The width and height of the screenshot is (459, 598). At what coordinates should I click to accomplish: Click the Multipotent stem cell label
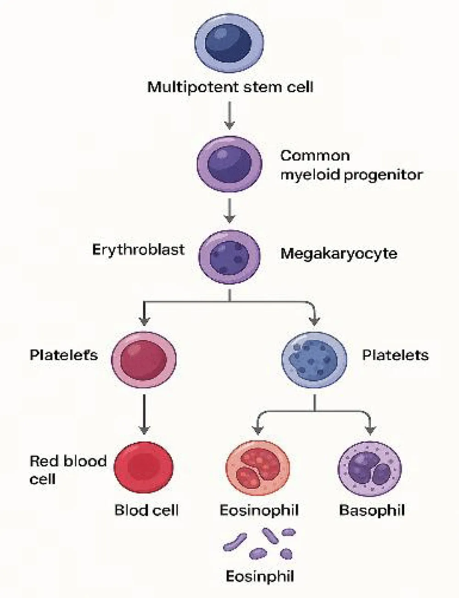(x=230, y=87)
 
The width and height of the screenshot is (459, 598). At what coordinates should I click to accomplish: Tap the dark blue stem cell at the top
(x=229, y=43)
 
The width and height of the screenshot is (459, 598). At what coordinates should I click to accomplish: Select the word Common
(x=315, y=156)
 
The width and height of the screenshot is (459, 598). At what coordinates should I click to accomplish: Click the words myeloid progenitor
(x=351, y=175)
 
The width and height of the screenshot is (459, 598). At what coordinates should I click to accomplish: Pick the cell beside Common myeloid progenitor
(x=229, y=164)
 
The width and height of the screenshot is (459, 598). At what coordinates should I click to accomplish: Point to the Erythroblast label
(x=138, y=250)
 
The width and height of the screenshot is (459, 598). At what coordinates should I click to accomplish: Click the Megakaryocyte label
(x=339, y=253)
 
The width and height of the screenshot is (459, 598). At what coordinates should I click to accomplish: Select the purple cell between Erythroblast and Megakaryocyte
(x=229, y=255)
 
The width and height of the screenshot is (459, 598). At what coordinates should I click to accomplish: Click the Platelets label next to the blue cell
(x=395, y=355)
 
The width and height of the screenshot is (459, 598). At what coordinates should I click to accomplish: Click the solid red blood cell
(x=144, y=468)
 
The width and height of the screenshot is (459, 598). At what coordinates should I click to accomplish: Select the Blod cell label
(x=146, y=510)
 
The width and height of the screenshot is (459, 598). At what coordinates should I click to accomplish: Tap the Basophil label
(x=372, y=510)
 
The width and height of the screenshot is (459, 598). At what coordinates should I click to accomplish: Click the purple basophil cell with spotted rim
(x=369, y=469)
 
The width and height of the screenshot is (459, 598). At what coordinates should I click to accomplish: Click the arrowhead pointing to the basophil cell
(x=370, y=430)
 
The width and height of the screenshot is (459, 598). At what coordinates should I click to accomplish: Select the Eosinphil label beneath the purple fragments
(x=259, y=576)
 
